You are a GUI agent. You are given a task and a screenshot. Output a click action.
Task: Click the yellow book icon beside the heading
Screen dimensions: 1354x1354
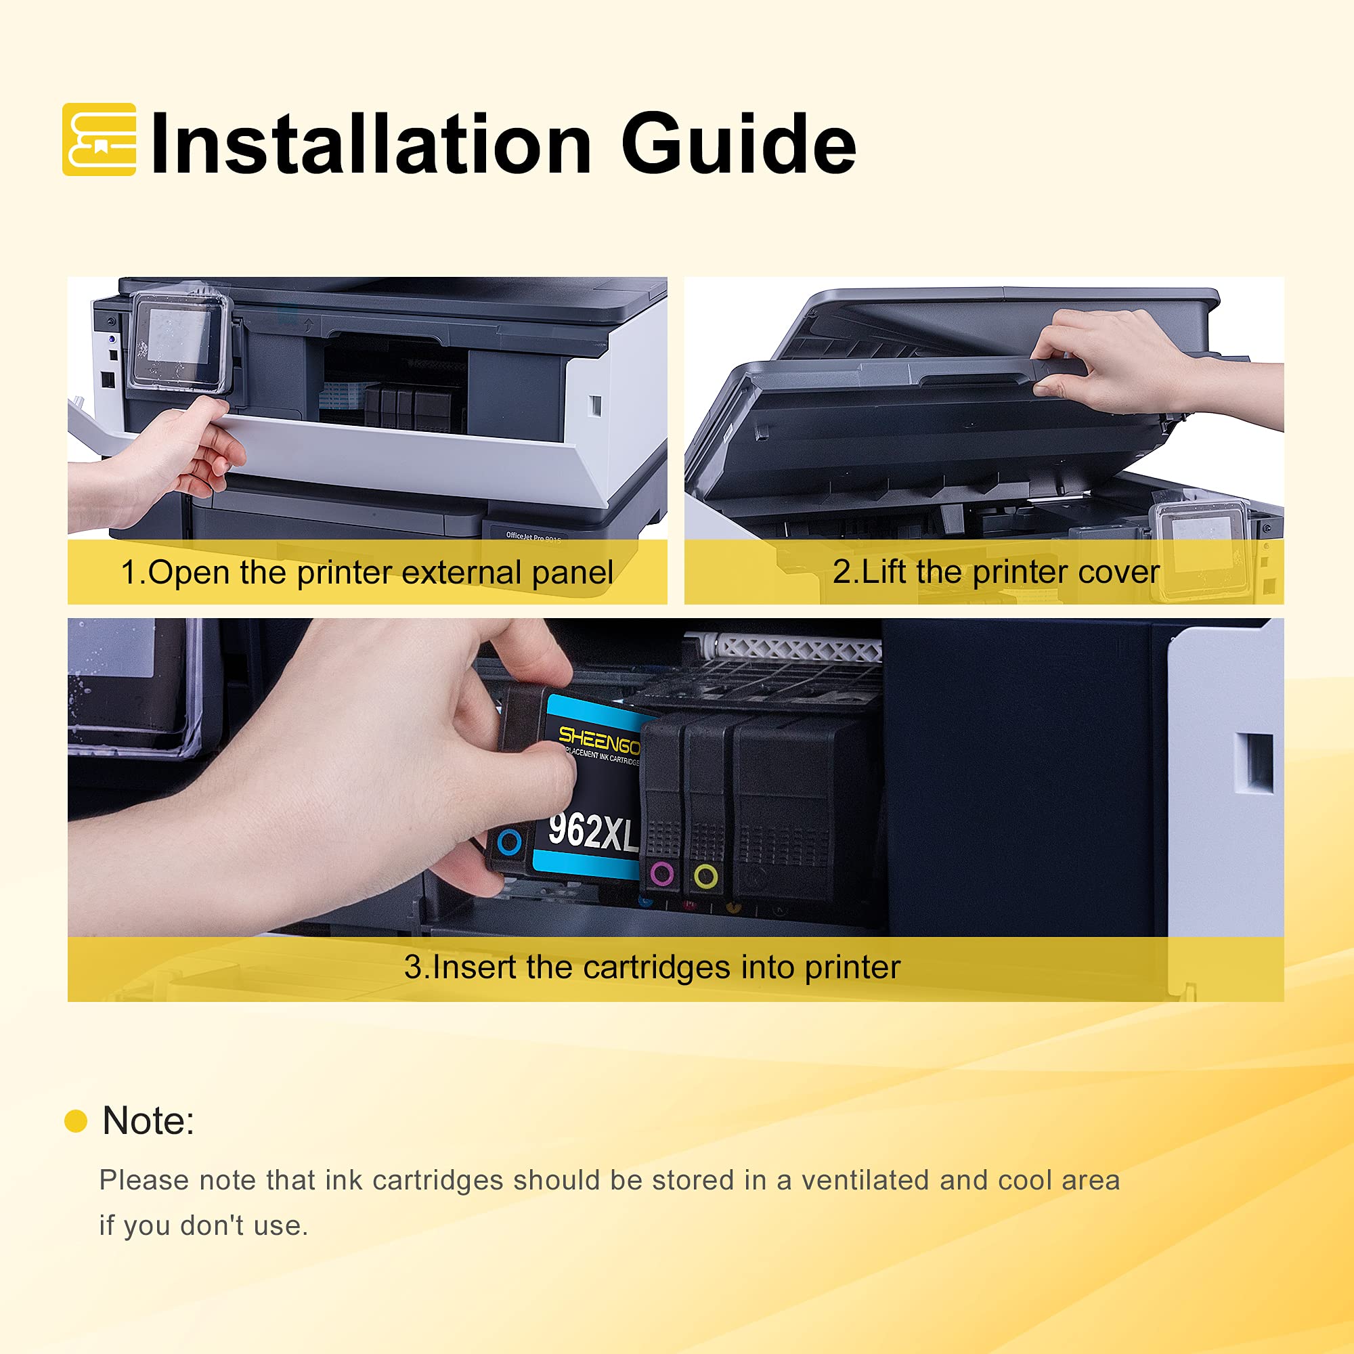(100, 139)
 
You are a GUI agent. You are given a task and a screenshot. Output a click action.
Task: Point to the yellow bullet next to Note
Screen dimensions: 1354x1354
(76, 1120)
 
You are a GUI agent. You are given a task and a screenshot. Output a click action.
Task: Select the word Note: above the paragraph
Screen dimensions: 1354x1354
(148, 1120)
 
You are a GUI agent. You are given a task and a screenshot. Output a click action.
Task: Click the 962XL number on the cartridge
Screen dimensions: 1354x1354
(593, 832)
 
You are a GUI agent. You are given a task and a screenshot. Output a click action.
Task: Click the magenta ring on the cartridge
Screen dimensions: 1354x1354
(662, 873)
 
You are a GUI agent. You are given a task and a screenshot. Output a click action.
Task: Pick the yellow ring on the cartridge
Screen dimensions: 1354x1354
(705, 875)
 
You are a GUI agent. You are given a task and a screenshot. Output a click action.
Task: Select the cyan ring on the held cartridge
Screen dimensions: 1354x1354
(510, 842)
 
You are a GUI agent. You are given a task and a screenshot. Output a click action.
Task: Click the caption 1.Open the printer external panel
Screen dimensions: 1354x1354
(367, 573)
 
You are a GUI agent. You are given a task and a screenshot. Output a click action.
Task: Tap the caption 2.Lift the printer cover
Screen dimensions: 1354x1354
(996, 572)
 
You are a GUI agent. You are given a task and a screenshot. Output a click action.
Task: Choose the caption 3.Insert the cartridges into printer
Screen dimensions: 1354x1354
(652, 967)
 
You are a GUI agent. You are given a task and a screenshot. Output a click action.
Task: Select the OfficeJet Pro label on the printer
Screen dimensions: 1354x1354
(533, 537)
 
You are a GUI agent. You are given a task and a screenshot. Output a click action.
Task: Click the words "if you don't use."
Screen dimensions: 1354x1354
(204, 1226)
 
